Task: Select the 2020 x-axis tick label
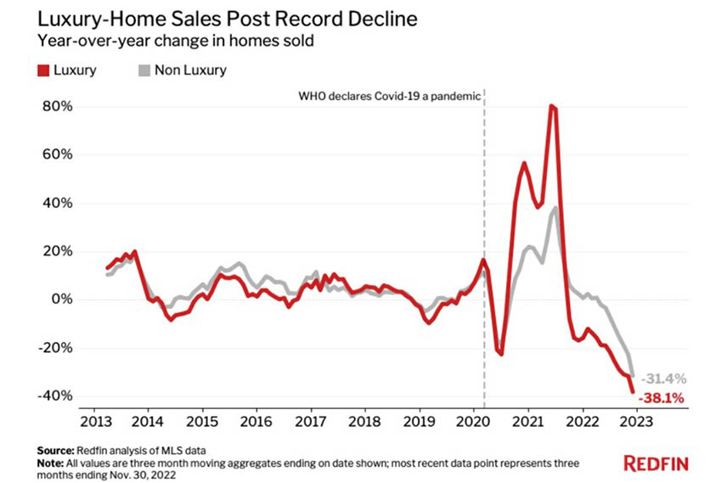(x=472, y=422)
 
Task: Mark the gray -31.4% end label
(x=664, y=379)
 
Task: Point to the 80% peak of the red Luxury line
(x=552, y=107)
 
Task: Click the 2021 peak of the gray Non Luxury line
(x=556, y=208)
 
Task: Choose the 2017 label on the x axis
(x=311, y=422)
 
